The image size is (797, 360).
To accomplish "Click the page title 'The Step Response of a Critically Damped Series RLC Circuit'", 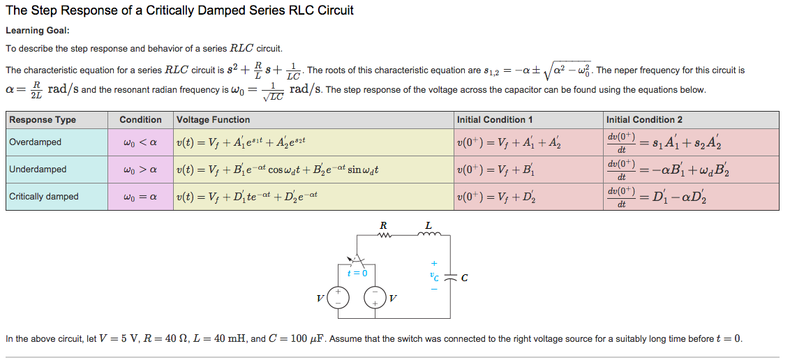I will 179,10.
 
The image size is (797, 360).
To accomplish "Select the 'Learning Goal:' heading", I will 38,31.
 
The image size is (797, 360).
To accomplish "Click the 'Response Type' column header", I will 43,120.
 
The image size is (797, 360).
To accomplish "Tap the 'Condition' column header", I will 140,120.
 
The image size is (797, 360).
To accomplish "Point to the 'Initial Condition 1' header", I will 496,120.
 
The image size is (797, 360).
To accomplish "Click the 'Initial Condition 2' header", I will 644,120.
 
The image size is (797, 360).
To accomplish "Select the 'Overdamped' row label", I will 35,142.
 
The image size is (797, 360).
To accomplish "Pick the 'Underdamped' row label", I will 38,170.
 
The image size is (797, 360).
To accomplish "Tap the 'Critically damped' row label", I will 44,197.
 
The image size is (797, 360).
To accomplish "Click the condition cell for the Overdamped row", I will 140,142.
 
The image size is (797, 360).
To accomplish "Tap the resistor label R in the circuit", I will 382,225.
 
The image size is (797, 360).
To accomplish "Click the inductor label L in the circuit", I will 429,225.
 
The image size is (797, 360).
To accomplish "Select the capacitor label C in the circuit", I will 464,278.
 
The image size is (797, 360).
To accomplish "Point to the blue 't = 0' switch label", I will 358,273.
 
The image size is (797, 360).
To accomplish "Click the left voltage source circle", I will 338,297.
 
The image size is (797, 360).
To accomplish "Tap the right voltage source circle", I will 375,297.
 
